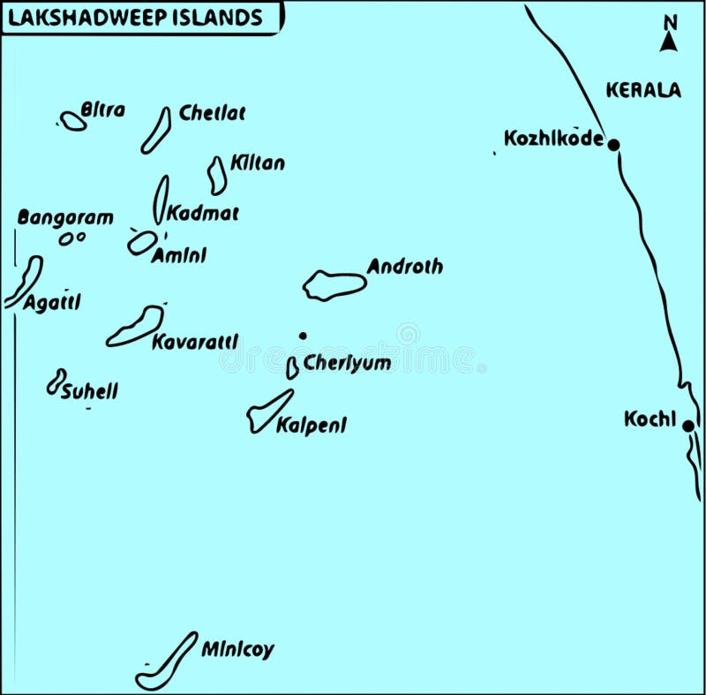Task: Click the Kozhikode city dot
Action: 613,144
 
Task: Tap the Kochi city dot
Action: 687,426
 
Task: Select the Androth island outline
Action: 334,285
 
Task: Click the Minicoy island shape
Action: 167,661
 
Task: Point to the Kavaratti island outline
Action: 137,326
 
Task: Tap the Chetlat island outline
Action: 156,130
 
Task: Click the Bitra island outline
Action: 73,121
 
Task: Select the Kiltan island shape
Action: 217,175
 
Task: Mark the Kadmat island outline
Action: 161,199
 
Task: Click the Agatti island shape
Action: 24,282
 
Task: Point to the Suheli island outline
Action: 56,381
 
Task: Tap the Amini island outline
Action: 142,243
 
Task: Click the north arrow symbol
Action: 669,34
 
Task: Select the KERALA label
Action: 643,89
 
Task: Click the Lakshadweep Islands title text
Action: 134,18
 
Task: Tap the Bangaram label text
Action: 65,217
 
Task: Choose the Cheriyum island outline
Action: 292,368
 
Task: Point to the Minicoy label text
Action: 237,650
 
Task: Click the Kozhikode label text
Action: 553,138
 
